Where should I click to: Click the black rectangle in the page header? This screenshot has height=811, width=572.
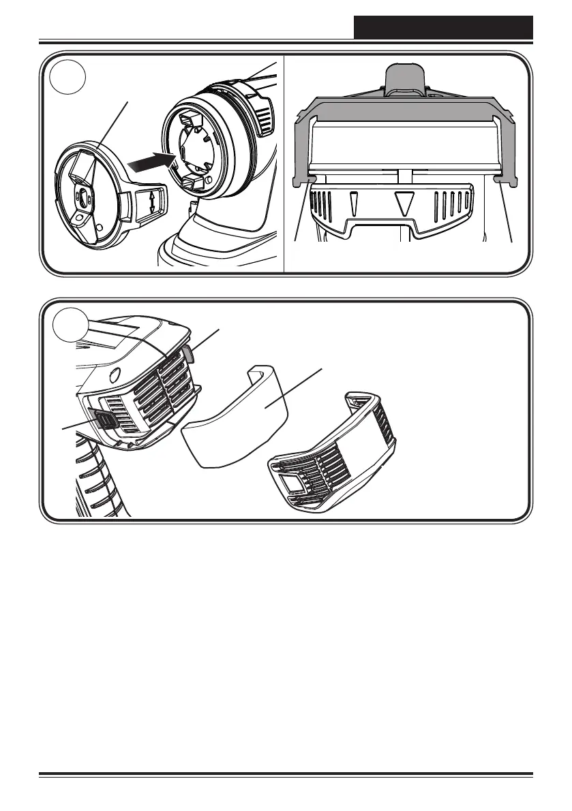coord(443,27)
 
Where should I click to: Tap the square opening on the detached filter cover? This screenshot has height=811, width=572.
coord(292,485)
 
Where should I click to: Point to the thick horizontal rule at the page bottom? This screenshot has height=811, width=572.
coord(286,774)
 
